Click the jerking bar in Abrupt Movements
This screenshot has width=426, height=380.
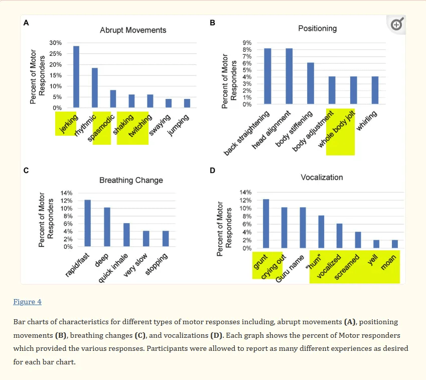point(76,77)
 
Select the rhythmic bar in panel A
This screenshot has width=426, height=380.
point(95,88)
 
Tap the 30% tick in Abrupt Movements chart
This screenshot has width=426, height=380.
point(55,43)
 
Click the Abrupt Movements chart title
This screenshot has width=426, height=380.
point(133,30)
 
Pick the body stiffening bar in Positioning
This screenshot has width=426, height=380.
point(311,83)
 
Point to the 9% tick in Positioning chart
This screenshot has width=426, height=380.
point(246,43)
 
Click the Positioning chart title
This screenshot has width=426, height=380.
point(317,28)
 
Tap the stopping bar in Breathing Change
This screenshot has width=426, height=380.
point(166,239)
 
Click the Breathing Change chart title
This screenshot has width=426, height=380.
point(131,180)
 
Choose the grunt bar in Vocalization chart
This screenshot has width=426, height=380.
point(266,224)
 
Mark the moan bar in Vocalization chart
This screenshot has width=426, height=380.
point(395,244)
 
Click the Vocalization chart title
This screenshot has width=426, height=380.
point(322,177)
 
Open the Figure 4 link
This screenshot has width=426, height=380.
point(27,302)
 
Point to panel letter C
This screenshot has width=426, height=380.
point(26,170)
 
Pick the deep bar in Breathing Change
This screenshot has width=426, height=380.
point(107,227)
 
